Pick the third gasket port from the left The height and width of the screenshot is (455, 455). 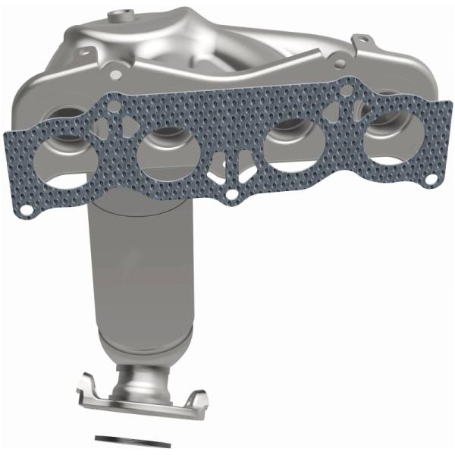(x=288, y=142)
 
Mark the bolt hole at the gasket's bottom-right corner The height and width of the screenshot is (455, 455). (x=430, y=180)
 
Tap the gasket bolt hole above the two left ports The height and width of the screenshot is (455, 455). (x=114, y=106)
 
